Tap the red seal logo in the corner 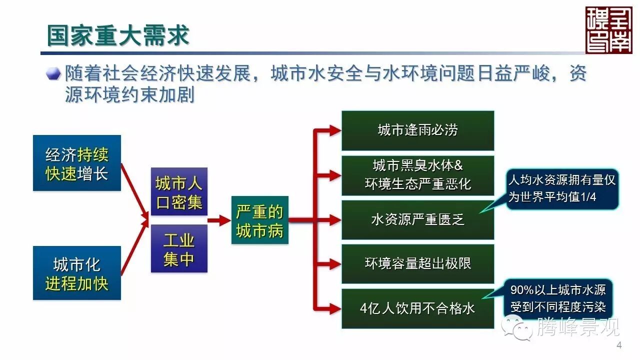[608, 30]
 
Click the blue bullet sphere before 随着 [53, 74]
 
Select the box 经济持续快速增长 [77, 163]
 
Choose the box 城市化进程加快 [77, 273]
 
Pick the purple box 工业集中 [179, 248]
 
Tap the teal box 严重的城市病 [259, 220]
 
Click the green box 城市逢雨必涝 [417, 130]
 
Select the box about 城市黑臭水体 [417, 175]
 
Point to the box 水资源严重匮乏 [417, 220]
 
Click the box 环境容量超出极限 [417, 263]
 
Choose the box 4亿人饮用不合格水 [417, 308]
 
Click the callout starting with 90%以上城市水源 [558, 298]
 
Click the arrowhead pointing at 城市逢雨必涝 [335, 130]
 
